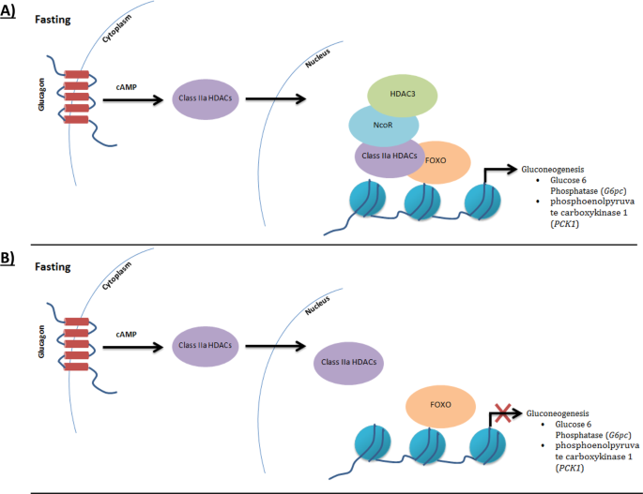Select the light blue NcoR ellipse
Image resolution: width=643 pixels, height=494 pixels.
(381, 125)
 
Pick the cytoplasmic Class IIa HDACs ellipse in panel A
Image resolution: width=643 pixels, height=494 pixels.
(205, 97)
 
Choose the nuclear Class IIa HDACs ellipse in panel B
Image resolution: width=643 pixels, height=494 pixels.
(344, 361)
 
